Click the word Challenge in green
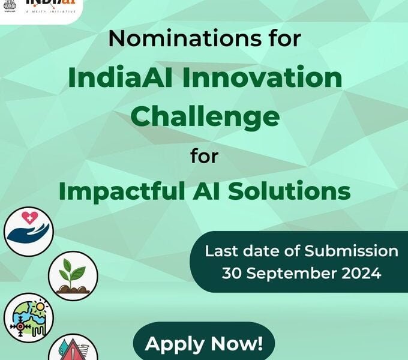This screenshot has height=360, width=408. point(205,116)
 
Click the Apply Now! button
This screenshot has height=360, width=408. point(203,344)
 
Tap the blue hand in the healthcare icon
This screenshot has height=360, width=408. point(28,234)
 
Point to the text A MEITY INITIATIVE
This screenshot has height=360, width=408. point(50,11)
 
